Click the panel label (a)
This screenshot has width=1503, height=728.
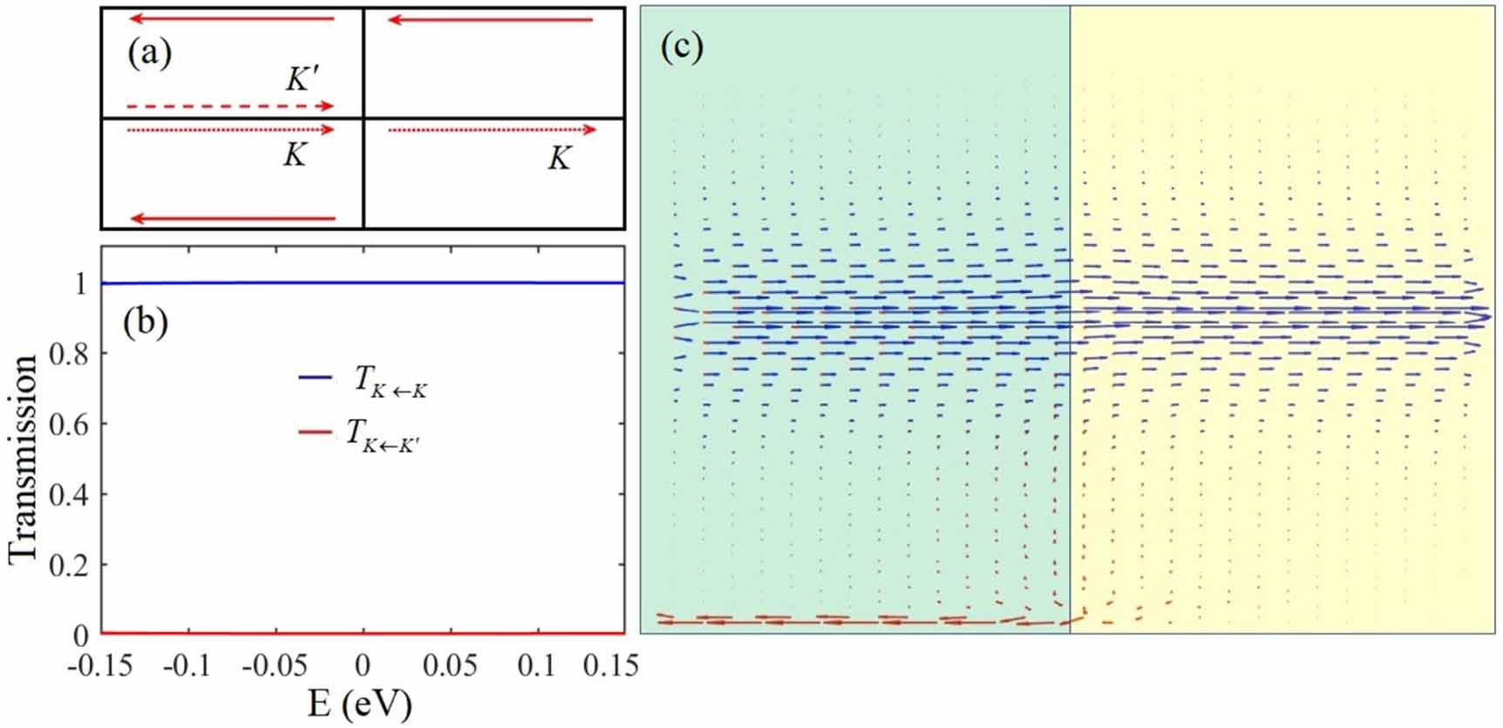(149, 54)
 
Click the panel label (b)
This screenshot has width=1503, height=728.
(145, 322)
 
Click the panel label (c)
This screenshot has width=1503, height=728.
(681, 46)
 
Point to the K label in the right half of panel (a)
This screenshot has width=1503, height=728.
(559, 159)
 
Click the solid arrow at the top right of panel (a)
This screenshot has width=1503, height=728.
(490, 19)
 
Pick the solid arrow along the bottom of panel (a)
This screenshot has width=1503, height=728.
(233, 218)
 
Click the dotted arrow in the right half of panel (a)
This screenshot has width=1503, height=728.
(492, 130)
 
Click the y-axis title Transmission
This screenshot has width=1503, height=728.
(24, 459)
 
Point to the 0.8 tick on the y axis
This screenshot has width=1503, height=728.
(67, 354)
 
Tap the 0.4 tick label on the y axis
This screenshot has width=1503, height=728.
(67, 494)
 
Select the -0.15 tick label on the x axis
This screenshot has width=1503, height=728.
(99, 666)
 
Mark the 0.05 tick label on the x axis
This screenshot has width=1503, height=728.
(450, 666)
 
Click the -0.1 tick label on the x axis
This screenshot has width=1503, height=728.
(187, 666)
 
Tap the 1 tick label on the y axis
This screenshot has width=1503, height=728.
(80, 284)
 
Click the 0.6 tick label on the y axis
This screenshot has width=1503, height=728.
(67, 425)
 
